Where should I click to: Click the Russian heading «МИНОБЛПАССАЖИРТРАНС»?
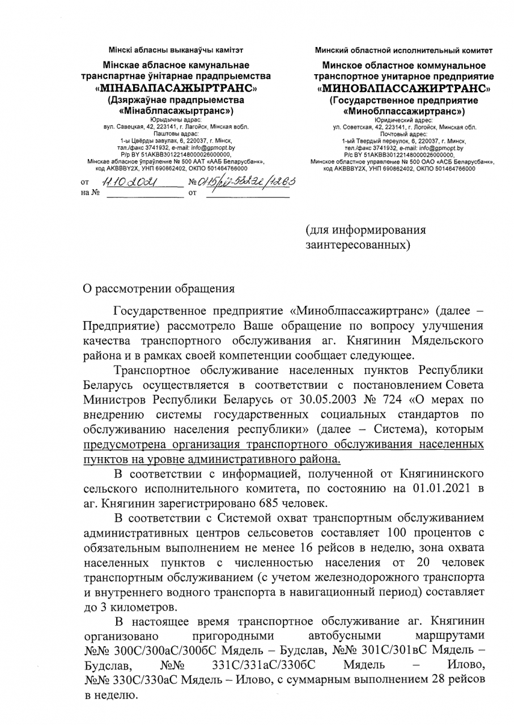point(405,89)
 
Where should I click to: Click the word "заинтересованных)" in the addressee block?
point(358,246)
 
